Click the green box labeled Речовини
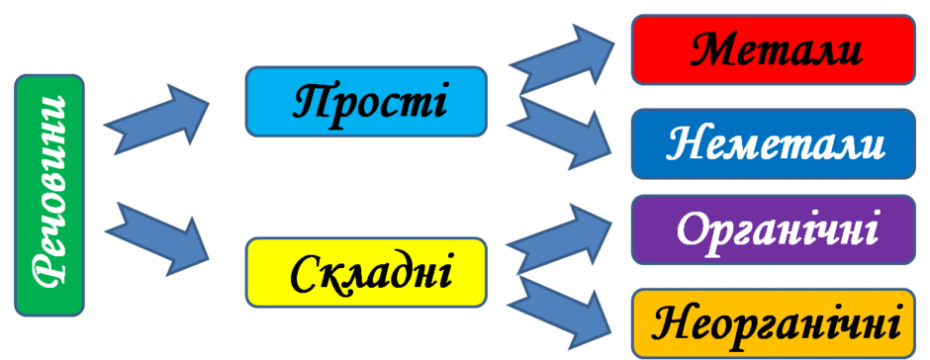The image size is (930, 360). pyautogui.click(x=49, y=195)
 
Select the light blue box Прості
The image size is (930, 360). pyautogui.click(x=366, y=102)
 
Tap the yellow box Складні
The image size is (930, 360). pyautogui.click(x=366, y=272)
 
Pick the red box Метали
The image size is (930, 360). pyautogui.click(x=774, y=49)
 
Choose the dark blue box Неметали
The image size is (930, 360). pyautogui.click(x=774, y=143)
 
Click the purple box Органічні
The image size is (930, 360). pyautogui.click(x=774, y=228)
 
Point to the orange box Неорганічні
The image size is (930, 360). pyautogui.click(x=774, y=323)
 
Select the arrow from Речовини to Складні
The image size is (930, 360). pyautogui.click(x=157, y=238)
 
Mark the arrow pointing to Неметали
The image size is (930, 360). pyautogui.click(x=561, y=135)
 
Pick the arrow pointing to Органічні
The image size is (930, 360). pyautogui.click(x=561, y=237)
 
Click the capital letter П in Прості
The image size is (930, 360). pyautogui.click(x=313, y=102)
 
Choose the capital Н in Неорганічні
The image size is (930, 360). pyautogui.click(x=672, y=321)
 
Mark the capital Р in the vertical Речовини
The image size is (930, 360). pyautogui.click(x=48, y=274)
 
